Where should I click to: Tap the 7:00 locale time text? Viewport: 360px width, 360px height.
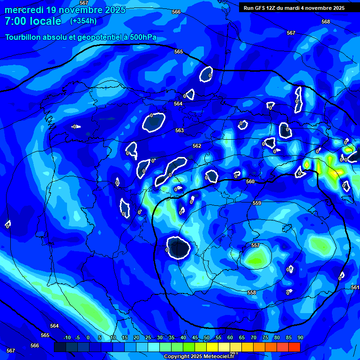tap(33, 21)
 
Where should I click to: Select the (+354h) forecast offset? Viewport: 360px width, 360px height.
tap(83, 21)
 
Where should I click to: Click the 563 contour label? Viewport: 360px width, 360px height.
tap(180, 130)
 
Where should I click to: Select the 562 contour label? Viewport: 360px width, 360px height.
tap(197, 146)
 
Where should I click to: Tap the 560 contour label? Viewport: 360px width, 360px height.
tap(250, 181)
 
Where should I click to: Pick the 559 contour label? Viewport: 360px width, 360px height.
tap(256, 203)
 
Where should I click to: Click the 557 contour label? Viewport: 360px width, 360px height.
tap(255, 245)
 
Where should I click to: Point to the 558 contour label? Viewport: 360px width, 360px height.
tap(252, 292)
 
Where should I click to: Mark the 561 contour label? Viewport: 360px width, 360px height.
tap(355, 287)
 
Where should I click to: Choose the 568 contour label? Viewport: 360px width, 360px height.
tap(326, 22)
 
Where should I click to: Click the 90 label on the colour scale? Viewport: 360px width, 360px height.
tap(300, 338)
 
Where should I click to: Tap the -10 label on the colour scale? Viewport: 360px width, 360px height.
tap(67, 338)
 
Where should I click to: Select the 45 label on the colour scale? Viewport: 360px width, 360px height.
tap(195, 338)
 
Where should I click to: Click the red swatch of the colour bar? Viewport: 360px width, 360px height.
tap(294, 347)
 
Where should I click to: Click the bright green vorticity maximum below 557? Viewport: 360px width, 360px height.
tap(257, 257)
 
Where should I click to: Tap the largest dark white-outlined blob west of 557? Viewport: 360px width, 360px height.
tap(179, 247)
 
